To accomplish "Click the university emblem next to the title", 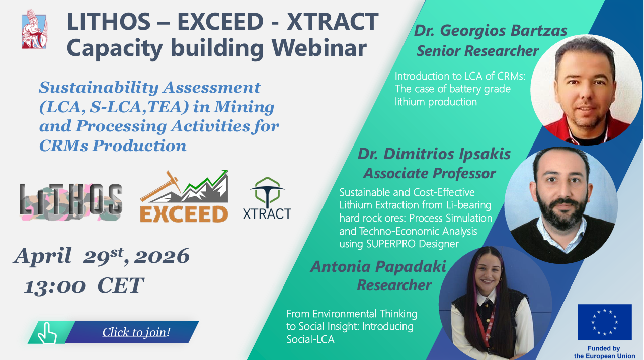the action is tap(34, 29).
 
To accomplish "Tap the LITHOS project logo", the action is tap(71, 202).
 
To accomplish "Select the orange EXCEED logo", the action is tap(184, 196).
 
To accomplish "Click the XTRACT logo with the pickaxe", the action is tap(267, 198).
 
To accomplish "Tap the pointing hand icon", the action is tap(47, 333).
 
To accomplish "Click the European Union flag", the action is tap(605, 322).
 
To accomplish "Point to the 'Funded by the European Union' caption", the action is tap(604, 352).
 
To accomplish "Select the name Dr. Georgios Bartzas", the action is tap(491, 31).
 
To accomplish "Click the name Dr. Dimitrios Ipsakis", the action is tap(434, 154).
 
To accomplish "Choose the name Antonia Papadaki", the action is tap(378, 266).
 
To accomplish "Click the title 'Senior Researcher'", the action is tap(477, 51).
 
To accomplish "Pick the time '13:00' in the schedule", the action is tap(55, 286).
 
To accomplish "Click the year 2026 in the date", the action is tap(162, 256).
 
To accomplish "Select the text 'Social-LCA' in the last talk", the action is tap(310, 339).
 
